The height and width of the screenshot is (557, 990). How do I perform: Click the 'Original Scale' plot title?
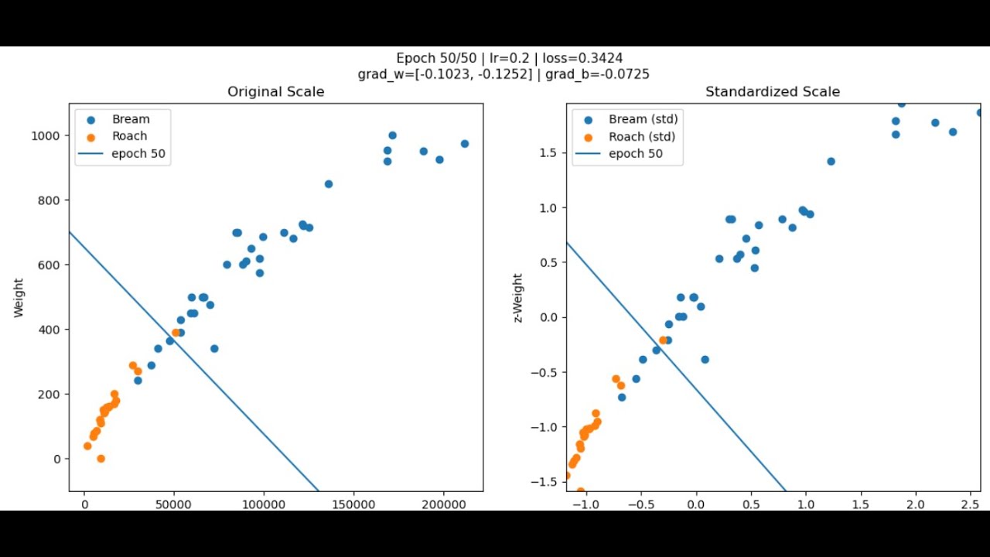tap(275, 92)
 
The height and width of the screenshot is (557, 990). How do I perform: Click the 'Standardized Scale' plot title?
tap(772, 92)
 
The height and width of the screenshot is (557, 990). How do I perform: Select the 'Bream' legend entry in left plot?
tap(130, 119)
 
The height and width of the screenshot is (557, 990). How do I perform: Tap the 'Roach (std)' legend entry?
tap(641, 137)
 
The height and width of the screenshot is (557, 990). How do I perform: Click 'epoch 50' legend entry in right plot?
tap(635, 154)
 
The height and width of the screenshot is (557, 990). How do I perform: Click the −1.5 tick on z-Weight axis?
tap(548, 482)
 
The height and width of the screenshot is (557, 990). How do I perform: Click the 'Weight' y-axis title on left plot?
tap(19, 298)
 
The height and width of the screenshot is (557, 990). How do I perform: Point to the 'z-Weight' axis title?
tap(517, 298)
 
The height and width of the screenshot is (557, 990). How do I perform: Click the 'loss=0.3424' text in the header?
tap(582, 58)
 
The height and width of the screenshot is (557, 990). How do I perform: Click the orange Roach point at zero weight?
tap(101, 459)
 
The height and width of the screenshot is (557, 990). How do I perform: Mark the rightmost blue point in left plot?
tap(465, 144)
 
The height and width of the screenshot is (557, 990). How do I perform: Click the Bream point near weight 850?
tap(329, 184)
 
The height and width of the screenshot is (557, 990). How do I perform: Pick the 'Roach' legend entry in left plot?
tap(129, 136)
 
